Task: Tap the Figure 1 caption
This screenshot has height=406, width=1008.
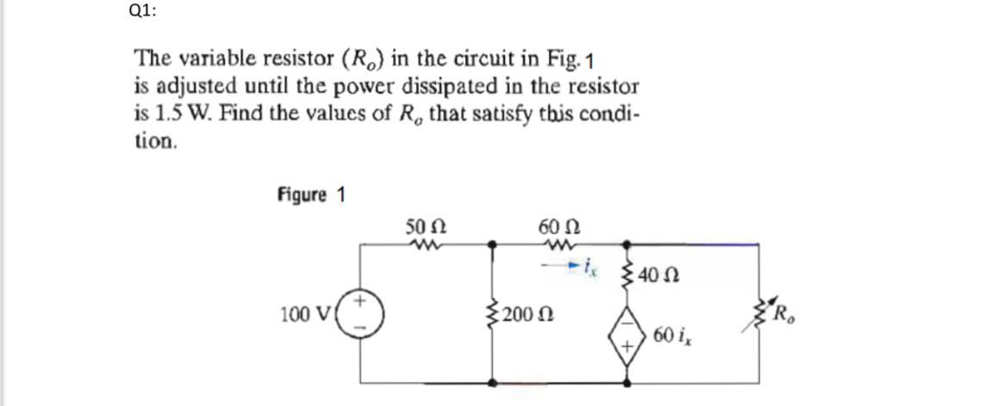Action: (311, 195)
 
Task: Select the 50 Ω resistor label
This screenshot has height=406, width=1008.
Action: (425, 228)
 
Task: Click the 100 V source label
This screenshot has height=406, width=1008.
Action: (301, 311)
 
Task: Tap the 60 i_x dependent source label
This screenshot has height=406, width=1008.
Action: (674, 334)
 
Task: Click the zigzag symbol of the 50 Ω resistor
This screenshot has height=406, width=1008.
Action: (425, 245)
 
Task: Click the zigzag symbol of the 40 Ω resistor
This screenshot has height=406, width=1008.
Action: (626, 276)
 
